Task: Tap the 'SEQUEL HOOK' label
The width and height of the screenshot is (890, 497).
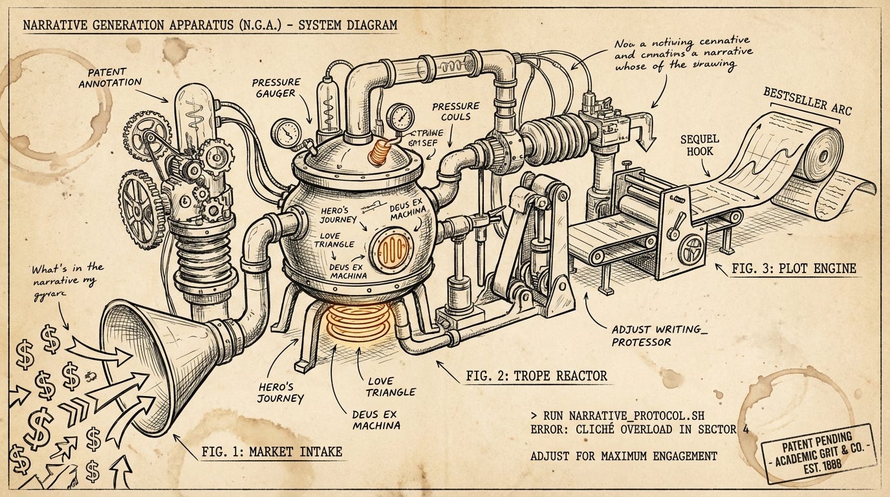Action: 699,146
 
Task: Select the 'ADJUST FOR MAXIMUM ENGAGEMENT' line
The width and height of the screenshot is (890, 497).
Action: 624,456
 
